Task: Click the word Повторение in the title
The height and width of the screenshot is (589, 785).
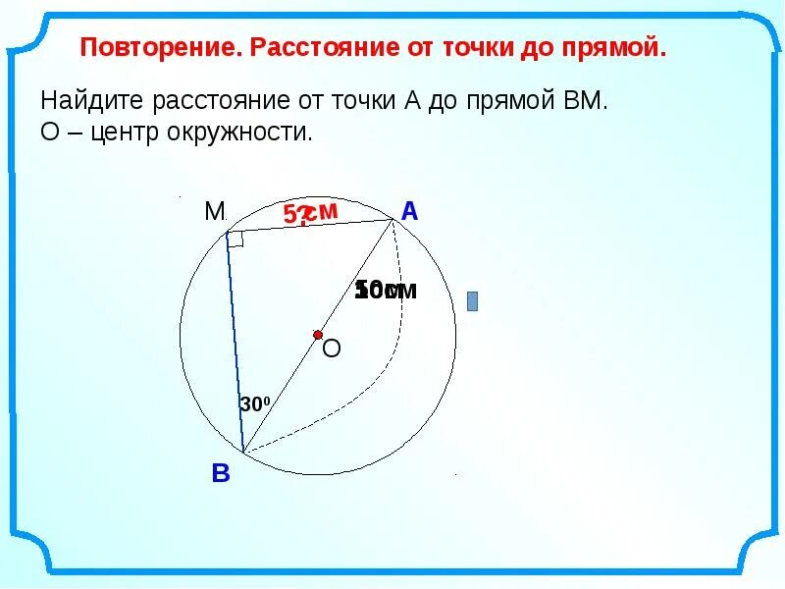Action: [160, 48]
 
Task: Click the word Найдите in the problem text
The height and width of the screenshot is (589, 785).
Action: [90, 101]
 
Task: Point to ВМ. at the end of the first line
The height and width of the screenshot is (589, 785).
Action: [582, 101]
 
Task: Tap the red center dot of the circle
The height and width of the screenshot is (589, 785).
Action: [318, 335]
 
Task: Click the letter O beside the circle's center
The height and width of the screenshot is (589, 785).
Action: [332, 348]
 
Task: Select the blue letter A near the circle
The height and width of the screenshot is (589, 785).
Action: [409, 210]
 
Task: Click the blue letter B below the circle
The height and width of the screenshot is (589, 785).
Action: [221, 475]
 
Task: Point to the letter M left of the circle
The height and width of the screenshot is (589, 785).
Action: [214, 211]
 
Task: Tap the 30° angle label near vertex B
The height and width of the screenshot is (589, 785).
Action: [253, 403]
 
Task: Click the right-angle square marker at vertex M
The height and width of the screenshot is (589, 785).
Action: [235, 239]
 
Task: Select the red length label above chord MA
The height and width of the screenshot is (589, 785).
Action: [310, 213]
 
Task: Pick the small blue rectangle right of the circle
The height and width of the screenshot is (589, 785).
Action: [472, 300]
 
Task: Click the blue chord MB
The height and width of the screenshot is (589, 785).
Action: [235, 344]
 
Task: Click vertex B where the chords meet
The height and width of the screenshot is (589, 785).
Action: [244, 453]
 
